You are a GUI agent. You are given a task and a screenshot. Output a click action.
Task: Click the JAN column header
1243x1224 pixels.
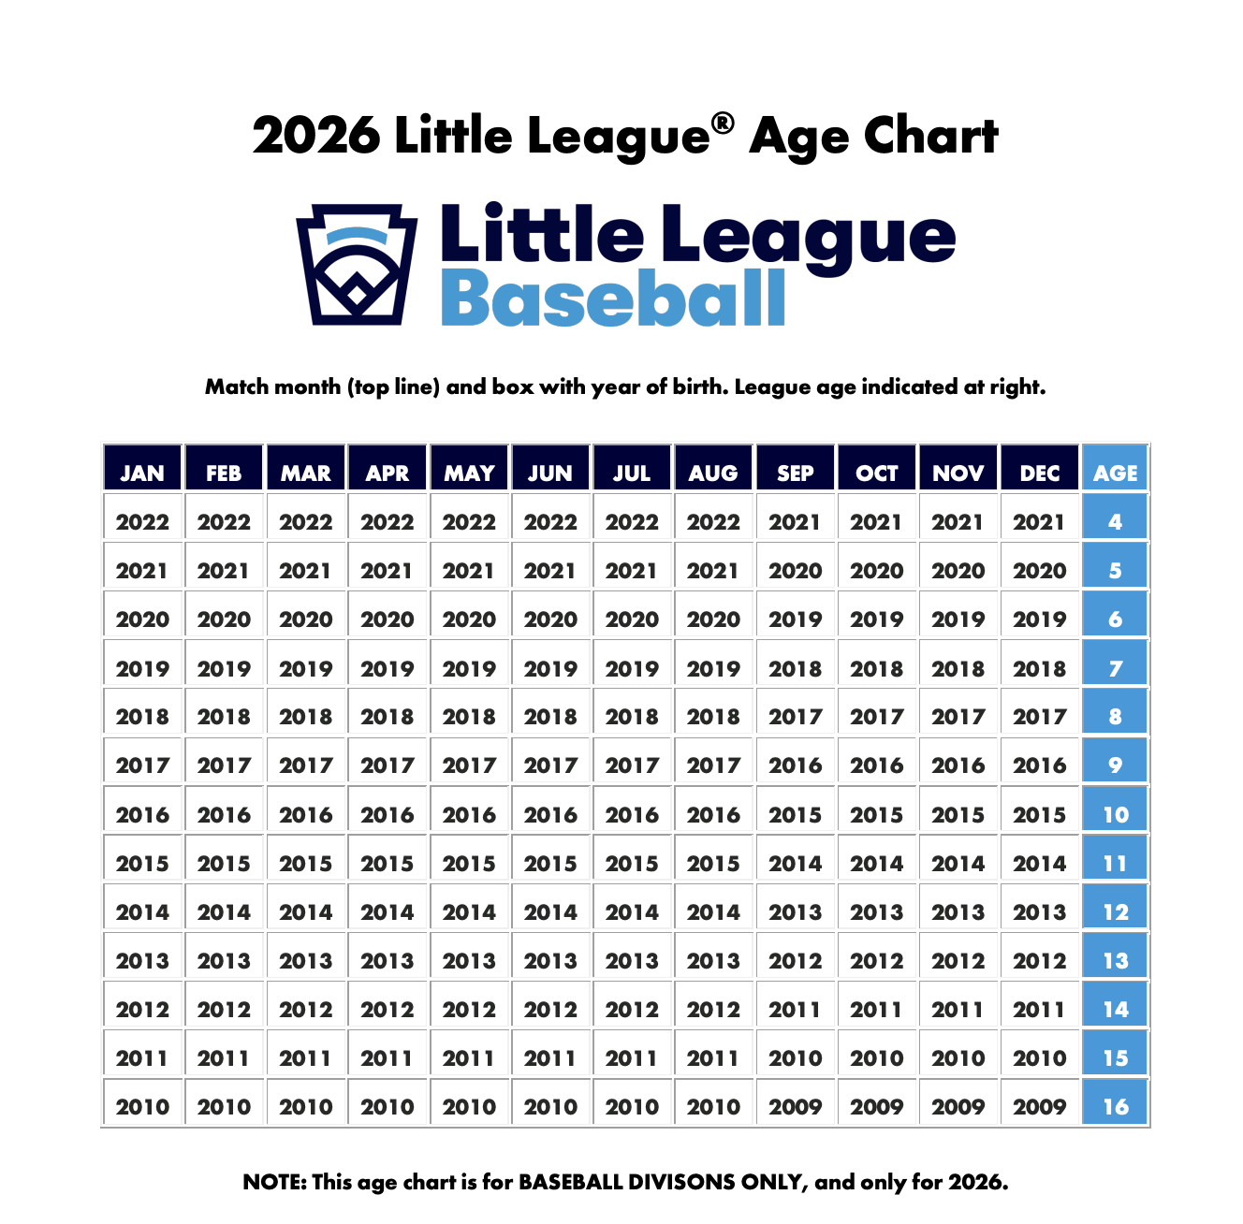pos(142,473)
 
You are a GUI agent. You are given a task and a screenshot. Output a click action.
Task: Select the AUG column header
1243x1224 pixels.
pos(713,473)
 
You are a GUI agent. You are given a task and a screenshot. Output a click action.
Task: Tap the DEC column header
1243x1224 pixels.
pos(1039,473)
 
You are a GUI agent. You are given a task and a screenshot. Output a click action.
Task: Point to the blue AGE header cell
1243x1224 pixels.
pos(1115,473)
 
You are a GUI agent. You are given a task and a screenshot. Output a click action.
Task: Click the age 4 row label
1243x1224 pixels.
pos(1115,521)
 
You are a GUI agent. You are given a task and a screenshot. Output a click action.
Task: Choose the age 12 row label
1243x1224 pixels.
pos(1115,911)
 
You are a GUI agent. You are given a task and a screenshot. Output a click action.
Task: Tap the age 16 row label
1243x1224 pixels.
pos(1115,1106)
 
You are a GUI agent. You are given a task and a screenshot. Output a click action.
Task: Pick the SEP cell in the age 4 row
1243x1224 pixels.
pos(795,521)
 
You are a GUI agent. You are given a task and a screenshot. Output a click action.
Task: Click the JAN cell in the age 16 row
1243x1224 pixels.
pos(142,1106)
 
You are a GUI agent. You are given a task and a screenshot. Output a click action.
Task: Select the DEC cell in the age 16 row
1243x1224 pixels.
pos(1039,1106)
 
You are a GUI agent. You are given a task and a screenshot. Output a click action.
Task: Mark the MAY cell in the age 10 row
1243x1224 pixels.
pos(469,814)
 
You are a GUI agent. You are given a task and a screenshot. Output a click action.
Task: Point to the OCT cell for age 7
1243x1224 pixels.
pos(876,668)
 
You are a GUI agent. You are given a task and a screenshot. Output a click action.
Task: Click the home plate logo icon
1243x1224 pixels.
pos(357,264)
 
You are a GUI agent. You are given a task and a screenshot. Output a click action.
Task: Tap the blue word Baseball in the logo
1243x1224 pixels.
pos(613,299)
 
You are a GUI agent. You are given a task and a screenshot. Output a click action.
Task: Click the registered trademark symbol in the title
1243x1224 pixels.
pos(722,124)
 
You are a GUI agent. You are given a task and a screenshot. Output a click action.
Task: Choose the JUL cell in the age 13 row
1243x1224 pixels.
pos(632,960)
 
